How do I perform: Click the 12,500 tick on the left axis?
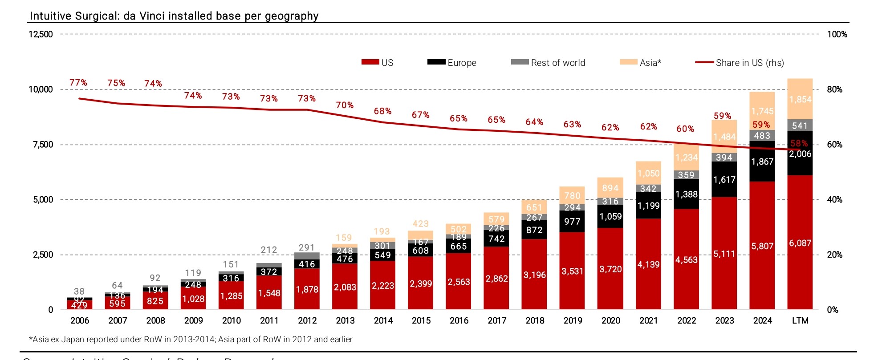coord(41,34)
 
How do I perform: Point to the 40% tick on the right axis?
coord(834,200)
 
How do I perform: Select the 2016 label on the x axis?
coord(459,320)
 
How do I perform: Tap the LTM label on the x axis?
coord(800,320)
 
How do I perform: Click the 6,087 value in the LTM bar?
coord(800,243)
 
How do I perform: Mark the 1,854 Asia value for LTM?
coord(800,99)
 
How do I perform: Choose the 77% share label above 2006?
coord(78,83)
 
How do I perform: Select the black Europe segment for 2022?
coord(686,194)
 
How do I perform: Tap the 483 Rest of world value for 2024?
coord(762,136)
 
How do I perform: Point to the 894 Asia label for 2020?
coord(610,188)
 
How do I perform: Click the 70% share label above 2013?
coord(345,105)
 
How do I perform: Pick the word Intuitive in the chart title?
coord(50,16)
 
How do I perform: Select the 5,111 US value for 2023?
coord(724,254)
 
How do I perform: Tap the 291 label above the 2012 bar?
coord(307,247)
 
